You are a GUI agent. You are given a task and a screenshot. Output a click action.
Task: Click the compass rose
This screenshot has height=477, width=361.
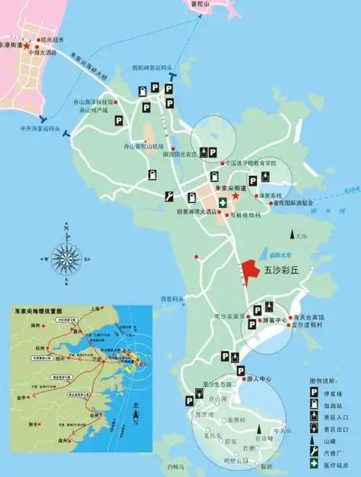[66, 256]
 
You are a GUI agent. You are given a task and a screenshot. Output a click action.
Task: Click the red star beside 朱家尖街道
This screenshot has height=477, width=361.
[235, 196]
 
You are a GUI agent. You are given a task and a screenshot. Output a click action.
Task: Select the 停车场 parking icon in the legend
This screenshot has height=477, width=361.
[315, 390]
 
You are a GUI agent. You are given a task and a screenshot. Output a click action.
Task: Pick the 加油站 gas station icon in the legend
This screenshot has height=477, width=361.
[315, 405]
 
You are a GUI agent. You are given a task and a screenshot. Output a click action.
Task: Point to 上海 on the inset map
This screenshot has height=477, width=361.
[94, 308]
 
